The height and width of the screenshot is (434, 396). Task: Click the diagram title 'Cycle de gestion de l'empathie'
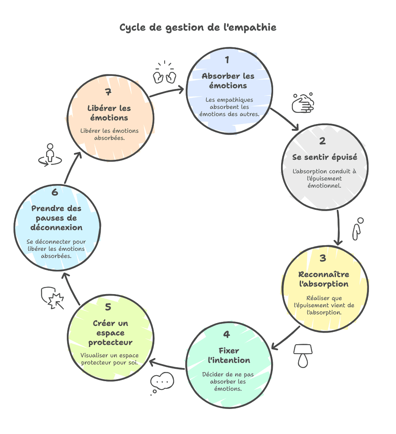tap(198, 28)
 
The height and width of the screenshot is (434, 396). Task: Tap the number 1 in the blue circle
tap(227, 60)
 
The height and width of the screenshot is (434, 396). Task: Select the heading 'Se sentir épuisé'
tap(324, 157)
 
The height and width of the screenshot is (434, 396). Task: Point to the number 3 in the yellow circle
tap(322, 258)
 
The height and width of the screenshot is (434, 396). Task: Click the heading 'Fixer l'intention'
tap(229, 356)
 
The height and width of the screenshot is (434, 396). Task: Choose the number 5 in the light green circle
tap(108, 307)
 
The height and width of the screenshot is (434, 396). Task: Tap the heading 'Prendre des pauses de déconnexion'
tap(56, 218)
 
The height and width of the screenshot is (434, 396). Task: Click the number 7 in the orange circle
tap(108, 92)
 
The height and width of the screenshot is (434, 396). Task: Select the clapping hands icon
tap(165, 73)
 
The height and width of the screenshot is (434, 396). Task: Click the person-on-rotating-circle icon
tap(50, 155)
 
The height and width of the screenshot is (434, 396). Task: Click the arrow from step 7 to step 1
tap(167, 92)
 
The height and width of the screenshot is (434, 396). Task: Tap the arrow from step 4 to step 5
tap(167, 364)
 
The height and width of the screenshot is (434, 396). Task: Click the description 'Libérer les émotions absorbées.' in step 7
tap(109, 135)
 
